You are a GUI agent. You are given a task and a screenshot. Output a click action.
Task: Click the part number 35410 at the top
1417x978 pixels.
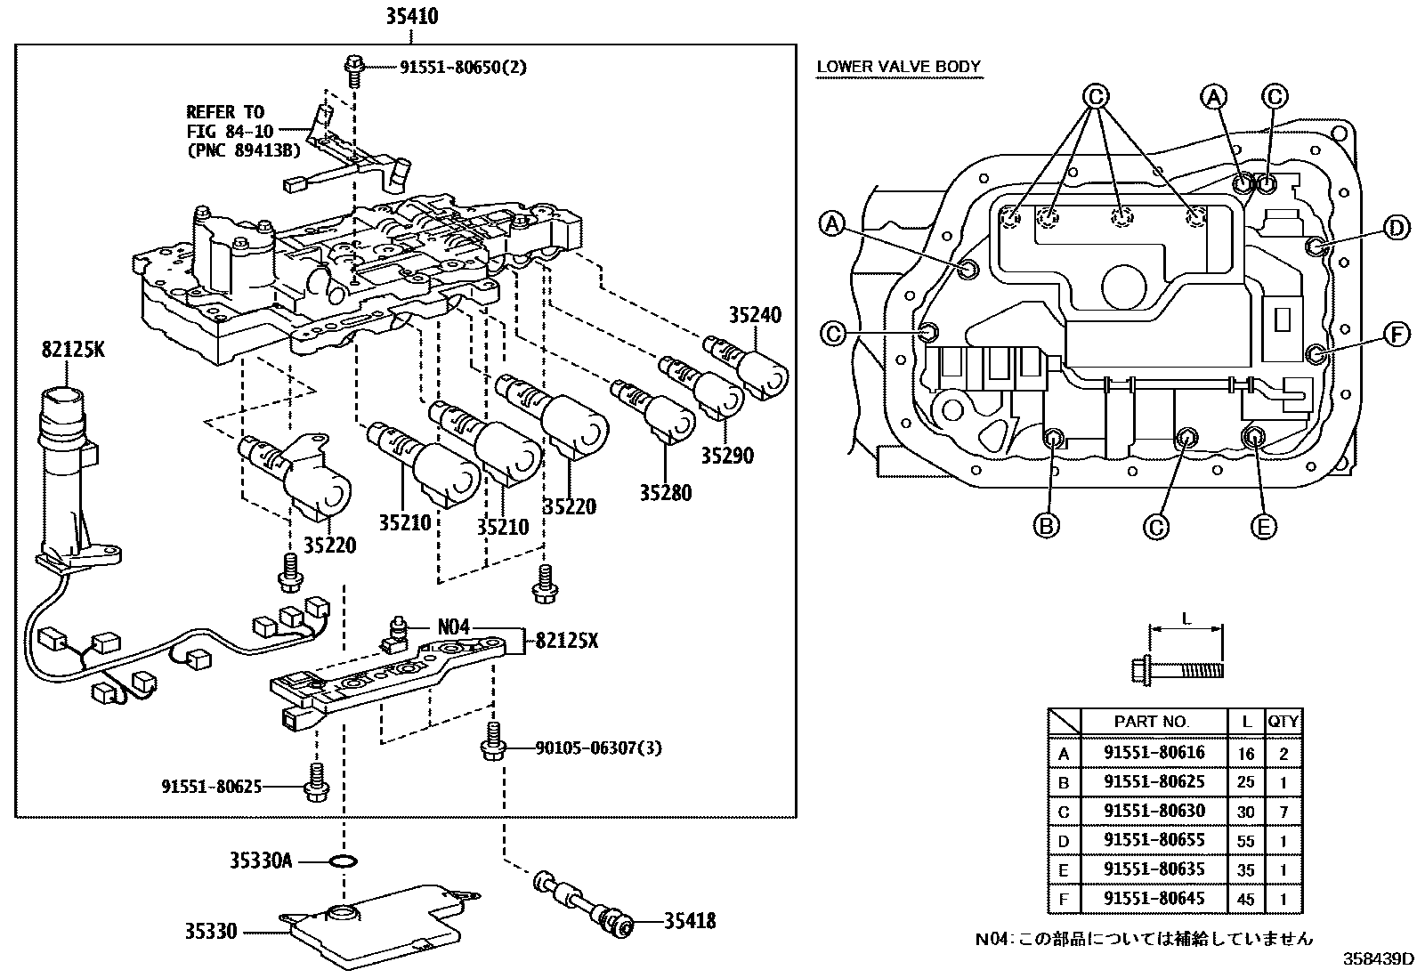pyautogui.click(x=412, y=16)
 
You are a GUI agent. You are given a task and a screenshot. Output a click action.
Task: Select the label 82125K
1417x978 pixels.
pyautogui.click(x=73, y=349)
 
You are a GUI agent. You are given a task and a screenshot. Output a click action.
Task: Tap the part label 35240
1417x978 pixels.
pyautogui.click(x=755, y=314)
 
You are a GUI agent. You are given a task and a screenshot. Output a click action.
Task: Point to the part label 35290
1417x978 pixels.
pyautogui.click(x=727, y=456)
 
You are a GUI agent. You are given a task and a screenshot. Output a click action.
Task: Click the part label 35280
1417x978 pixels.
pyautogui.click(x=666, y=492)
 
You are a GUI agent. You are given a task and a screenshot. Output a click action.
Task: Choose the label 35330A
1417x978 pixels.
pyautogui.click(x=261, y=861)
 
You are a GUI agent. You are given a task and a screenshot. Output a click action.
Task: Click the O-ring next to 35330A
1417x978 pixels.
pyautogui.click(x=344, y=861)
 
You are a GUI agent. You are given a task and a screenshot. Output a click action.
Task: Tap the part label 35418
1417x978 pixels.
pyautogui.click(x=690, y=921)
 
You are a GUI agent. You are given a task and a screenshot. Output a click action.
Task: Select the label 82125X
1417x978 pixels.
pyautogui.click(x=567, y=641)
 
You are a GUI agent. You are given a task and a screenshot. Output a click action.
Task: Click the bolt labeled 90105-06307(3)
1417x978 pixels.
pyautogui.click(x=493, y=740)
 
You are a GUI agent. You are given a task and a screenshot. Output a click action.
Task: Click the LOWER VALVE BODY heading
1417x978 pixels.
pyautogui.click(x=898, y=67)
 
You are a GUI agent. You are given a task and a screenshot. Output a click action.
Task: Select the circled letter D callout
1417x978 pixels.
pyautogui.click(x=1397, y=228)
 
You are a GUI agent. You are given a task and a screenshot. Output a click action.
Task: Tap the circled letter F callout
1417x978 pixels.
pyautogui.click(x=1397, y=334)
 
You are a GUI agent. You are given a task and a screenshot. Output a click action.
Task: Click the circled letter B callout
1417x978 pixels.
pyautogui.click(x=1046, y=525)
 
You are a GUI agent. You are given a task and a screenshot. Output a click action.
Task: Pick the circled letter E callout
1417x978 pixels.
pyautogui.click(x=1263, y=526)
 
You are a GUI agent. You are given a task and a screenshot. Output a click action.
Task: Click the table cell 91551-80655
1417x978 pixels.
pyautogui.click(x=1154, y=839)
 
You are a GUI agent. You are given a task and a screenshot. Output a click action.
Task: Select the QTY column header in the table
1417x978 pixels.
pyautogui.click(x=1283, y=721)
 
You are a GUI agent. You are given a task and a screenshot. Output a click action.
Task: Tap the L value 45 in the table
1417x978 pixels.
pyautogui.click(x=1245, y=899)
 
